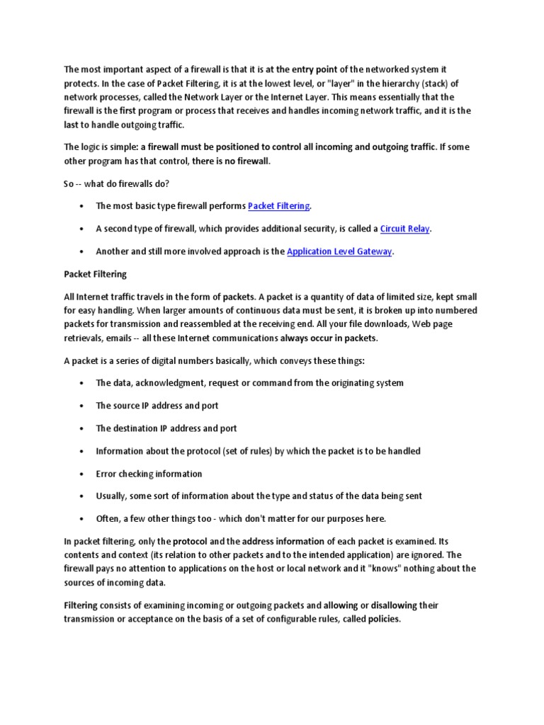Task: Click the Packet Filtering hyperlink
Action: (x=278, y=206)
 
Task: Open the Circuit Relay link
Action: (x=405, y=229)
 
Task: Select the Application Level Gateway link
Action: (x=339, y=251)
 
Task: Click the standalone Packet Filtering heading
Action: (x=94, y=274)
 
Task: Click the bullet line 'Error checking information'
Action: (x=149, y=474)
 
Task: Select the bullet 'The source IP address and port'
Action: (x=157, y=406)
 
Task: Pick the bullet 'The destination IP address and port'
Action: (x=166, y=428)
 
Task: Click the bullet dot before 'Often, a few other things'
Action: (x=82, y=519)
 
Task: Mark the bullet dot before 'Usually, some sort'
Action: (x=82, y=496)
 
